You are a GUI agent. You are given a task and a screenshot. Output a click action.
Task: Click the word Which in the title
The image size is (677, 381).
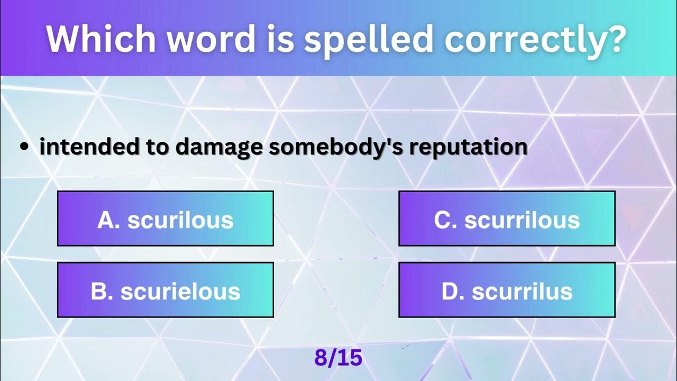pyautogui.click(x=99, y=38)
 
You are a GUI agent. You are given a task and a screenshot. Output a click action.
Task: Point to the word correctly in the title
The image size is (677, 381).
pyautogui.click(x=530, y=38)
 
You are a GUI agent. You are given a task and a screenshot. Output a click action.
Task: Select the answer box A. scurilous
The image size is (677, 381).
pyautogui.click(x=165, y=219)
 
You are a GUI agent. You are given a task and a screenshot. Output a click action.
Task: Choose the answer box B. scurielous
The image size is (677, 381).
pyautogui.click(x=165, y=291)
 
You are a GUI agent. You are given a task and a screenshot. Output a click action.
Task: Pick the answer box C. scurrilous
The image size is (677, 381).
pyautogui.click(x=507, y=219)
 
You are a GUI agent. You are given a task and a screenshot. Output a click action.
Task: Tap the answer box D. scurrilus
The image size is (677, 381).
pyautogui.click(x=507, y=291)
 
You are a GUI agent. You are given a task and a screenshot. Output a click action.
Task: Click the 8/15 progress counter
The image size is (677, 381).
pyautogui.click(x=338, y=358)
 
